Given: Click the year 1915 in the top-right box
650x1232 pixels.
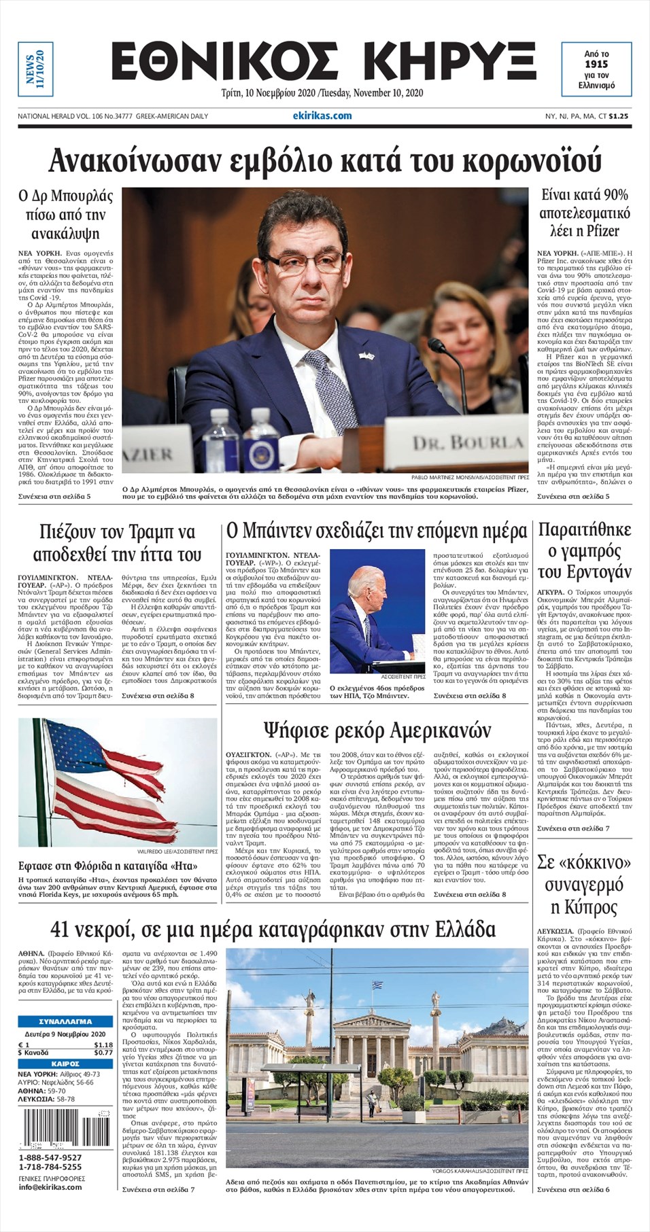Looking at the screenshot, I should coord(596,64).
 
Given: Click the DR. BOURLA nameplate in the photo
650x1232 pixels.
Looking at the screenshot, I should coord(468,444).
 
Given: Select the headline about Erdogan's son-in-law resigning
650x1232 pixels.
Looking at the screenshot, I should coord(584,550).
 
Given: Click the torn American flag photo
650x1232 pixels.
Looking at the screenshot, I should coord(118,781).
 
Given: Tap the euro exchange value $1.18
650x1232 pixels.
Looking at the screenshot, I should coord(103,1044).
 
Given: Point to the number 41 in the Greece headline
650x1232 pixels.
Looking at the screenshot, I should coord(66,930).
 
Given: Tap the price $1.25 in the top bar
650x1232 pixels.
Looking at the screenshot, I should coord(618,116).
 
